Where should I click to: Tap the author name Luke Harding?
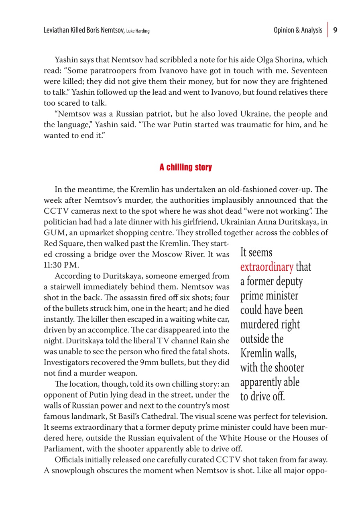138,31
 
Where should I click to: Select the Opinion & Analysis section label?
297,30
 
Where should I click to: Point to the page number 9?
336,30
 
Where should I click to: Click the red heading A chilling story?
185,167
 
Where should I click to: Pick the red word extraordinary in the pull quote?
266,267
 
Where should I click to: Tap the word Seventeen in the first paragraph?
310,71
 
